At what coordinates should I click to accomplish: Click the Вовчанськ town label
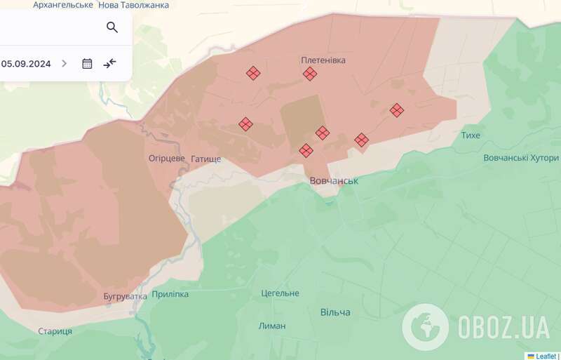[x=334, y=181]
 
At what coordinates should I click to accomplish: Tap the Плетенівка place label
[x=323, y=60]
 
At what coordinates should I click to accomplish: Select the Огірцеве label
[x=167, y=159]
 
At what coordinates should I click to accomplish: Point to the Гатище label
[x=205, y=159]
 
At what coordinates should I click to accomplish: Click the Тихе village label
[x=471, y=135]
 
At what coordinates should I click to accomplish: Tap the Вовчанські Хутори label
[x=521, y=158]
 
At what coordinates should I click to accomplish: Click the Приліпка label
[x=170, y=294]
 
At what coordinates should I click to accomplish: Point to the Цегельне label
[x=280, y=293]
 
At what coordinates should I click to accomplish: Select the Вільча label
[x=335, y=312]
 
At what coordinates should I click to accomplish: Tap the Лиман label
[x=272, y=326]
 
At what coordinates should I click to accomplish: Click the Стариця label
[x=55, y=331]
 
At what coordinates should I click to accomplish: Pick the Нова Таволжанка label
[x=133, y=5]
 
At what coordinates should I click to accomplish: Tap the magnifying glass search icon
[x=112, y=27]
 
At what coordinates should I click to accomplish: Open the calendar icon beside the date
[x=87, y=63]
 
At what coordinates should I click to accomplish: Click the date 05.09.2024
[x=26, y=63]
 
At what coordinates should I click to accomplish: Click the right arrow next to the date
[x=65, y=63]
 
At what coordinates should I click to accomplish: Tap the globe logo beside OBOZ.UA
[x=426, y=327]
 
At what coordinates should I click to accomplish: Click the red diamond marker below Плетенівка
[x=310, y=74]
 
